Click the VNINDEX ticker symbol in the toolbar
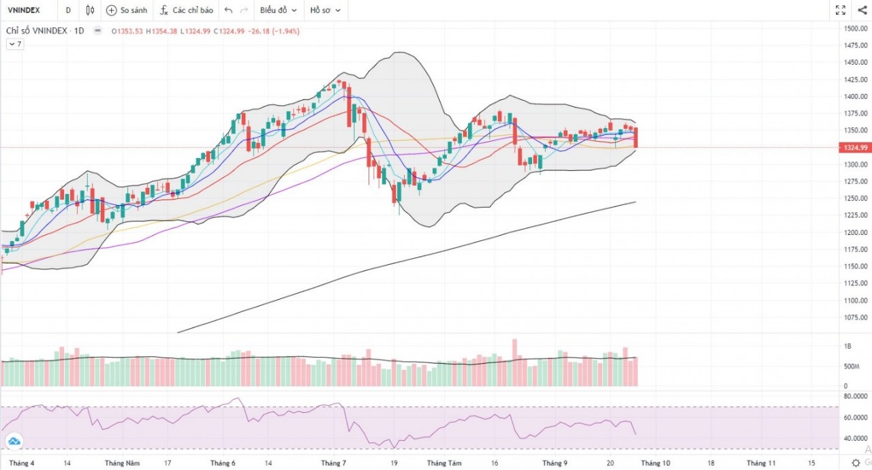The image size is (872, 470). (x=23, y=10)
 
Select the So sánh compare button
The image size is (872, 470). (x=127, y=10)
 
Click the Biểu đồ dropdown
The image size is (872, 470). (x=278, y=10)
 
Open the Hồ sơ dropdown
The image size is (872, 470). (x=325, y=10)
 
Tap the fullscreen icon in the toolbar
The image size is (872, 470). (x=841, y=10)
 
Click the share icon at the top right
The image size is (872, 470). (x=862, y=10)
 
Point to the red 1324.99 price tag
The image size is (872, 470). (x=855, y=147)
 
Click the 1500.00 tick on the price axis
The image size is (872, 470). (x=854, y=28)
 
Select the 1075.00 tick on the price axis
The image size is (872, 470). (x=854, y=317)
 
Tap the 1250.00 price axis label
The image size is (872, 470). (x=854, y=198)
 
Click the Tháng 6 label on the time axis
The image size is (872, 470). (x=223, y=463)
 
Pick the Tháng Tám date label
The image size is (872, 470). (x=445, y=463)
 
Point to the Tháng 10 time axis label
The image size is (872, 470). (x=655, y=463)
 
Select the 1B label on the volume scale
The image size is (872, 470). (x=848, y=346)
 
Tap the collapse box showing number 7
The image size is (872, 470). (x=15, y=44)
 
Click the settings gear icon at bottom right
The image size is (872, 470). (x=856, y=463)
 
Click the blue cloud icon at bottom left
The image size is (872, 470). (x=13, y=442)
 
